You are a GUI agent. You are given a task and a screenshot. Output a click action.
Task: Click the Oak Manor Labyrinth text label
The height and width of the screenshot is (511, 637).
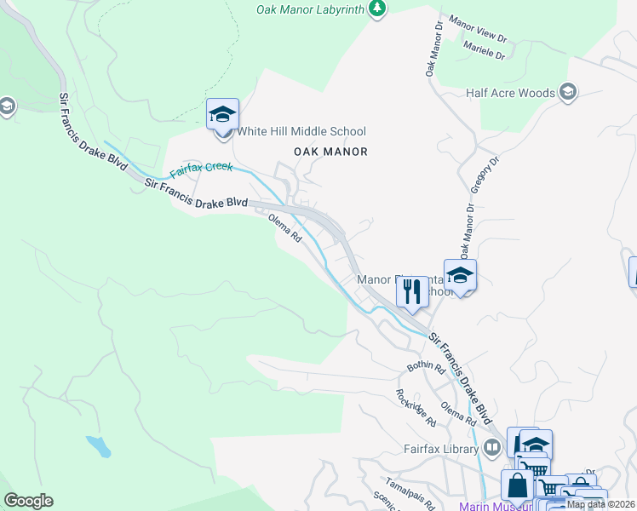311,9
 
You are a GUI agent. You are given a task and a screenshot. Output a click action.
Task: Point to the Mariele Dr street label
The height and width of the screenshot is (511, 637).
485,50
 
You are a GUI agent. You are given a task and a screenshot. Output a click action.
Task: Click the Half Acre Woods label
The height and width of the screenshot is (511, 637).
511,93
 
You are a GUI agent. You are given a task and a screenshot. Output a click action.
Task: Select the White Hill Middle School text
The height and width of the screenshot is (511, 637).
301,131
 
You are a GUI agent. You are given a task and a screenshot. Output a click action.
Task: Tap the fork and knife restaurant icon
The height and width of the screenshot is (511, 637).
412,292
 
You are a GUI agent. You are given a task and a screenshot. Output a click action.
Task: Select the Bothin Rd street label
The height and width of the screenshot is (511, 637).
427,368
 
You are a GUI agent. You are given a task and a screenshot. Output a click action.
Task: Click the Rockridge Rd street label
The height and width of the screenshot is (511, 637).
416,408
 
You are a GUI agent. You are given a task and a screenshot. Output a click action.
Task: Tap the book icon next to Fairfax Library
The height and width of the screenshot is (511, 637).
491,447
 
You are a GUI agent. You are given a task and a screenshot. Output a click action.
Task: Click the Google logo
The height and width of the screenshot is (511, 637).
28,501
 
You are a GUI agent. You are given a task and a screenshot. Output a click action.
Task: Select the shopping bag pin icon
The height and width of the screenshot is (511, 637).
517,487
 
